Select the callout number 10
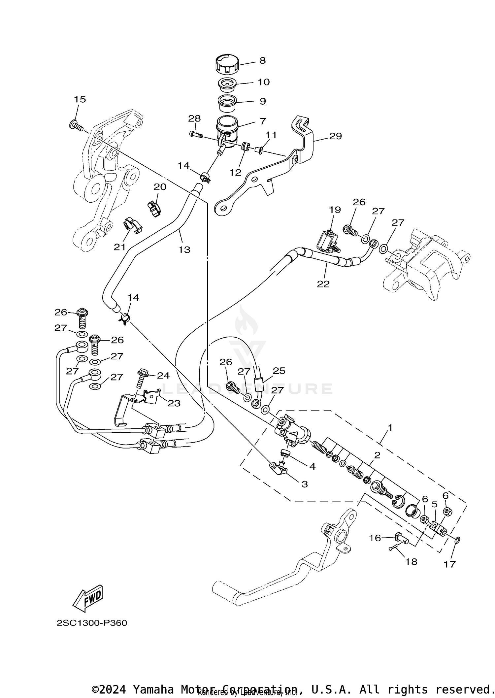click(264, 82)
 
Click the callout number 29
click(335, 136)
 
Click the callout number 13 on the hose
click(184, 250)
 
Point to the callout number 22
click(323, 283)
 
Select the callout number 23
click(174, 403)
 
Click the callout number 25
click(279, 371)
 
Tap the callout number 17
click(449, 564)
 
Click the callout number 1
click(390, 428)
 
